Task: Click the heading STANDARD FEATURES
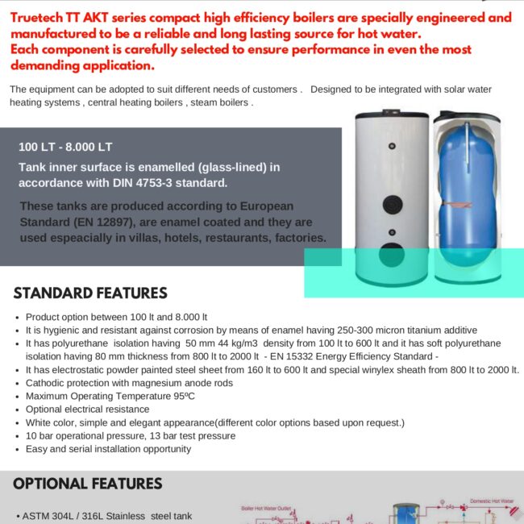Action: (90, 293)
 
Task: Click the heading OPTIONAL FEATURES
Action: (88, 484)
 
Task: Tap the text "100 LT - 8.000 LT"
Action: (65, 147)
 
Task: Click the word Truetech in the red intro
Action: (40, 16)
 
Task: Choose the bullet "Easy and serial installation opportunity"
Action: (108, 449)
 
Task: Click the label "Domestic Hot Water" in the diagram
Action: (492, 501)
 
